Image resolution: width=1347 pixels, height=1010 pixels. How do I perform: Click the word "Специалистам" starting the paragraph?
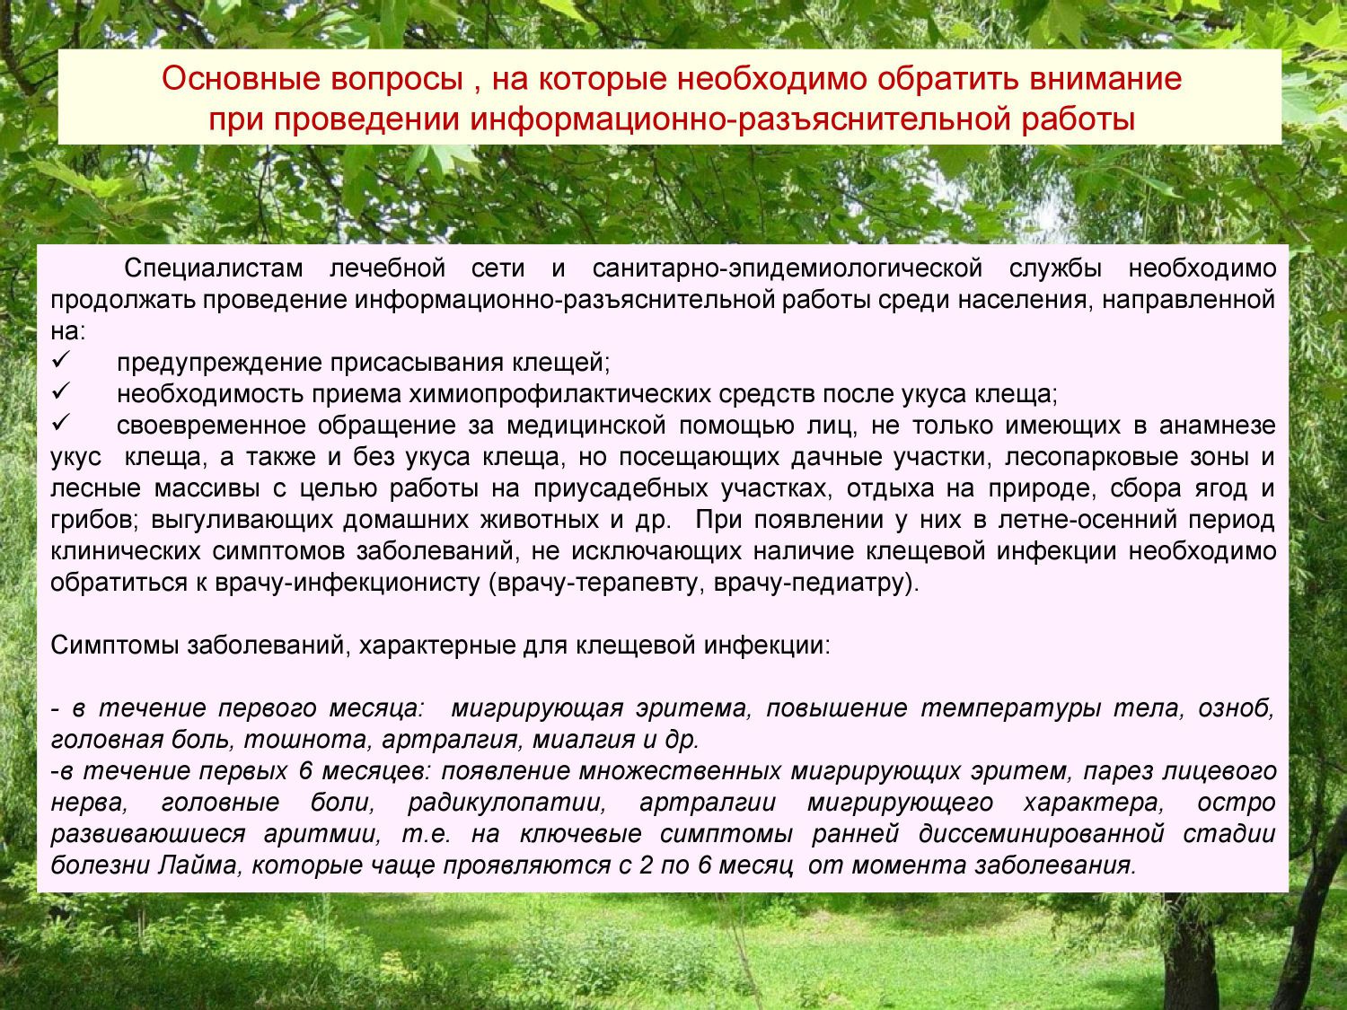coord(214,268)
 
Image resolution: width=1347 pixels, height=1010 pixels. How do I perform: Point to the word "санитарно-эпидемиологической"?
coord(788,268)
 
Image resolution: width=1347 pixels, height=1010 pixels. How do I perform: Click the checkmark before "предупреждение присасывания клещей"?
coord(61,360)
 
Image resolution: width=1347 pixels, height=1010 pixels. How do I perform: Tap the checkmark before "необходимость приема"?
coord(61,391)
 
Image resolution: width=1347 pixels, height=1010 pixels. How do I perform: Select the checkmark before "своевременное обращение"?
coord(61,423)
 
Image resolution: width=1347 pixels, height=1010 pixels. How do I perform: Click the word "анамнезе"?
coord(1218,426)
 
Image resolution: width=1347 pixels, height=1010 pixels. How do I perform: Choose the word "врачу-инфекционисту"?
coord(347,584)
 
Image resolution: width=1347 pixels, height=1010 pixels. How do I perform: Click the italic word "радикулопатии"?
coord(506,804)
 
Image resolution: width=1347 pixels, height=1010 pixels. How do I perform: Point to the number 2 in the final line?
coord(646,865)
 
